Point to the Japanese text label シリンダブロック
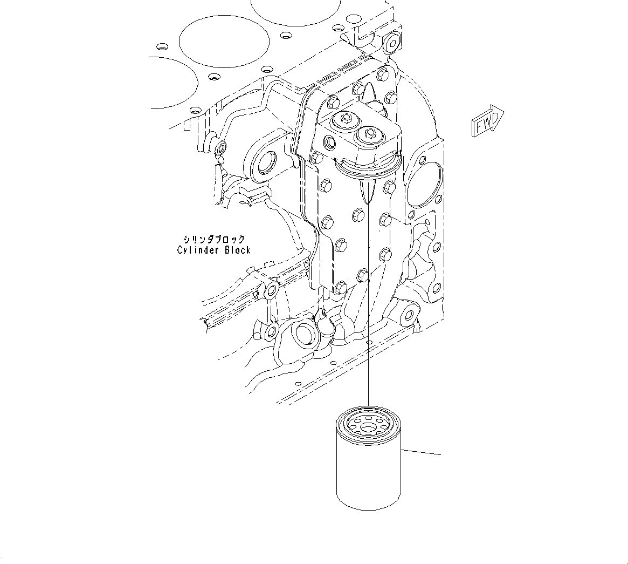(214, 239)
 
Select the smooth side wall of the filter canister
(368, 475)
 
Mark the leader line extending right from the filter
(420, 451)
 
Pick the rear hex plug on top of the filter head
(344, 120)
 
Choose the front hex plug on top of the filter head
(369, 133)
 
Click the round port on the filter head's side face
(330, 144)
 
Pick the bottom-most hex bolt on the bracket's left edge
(339, 287)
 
